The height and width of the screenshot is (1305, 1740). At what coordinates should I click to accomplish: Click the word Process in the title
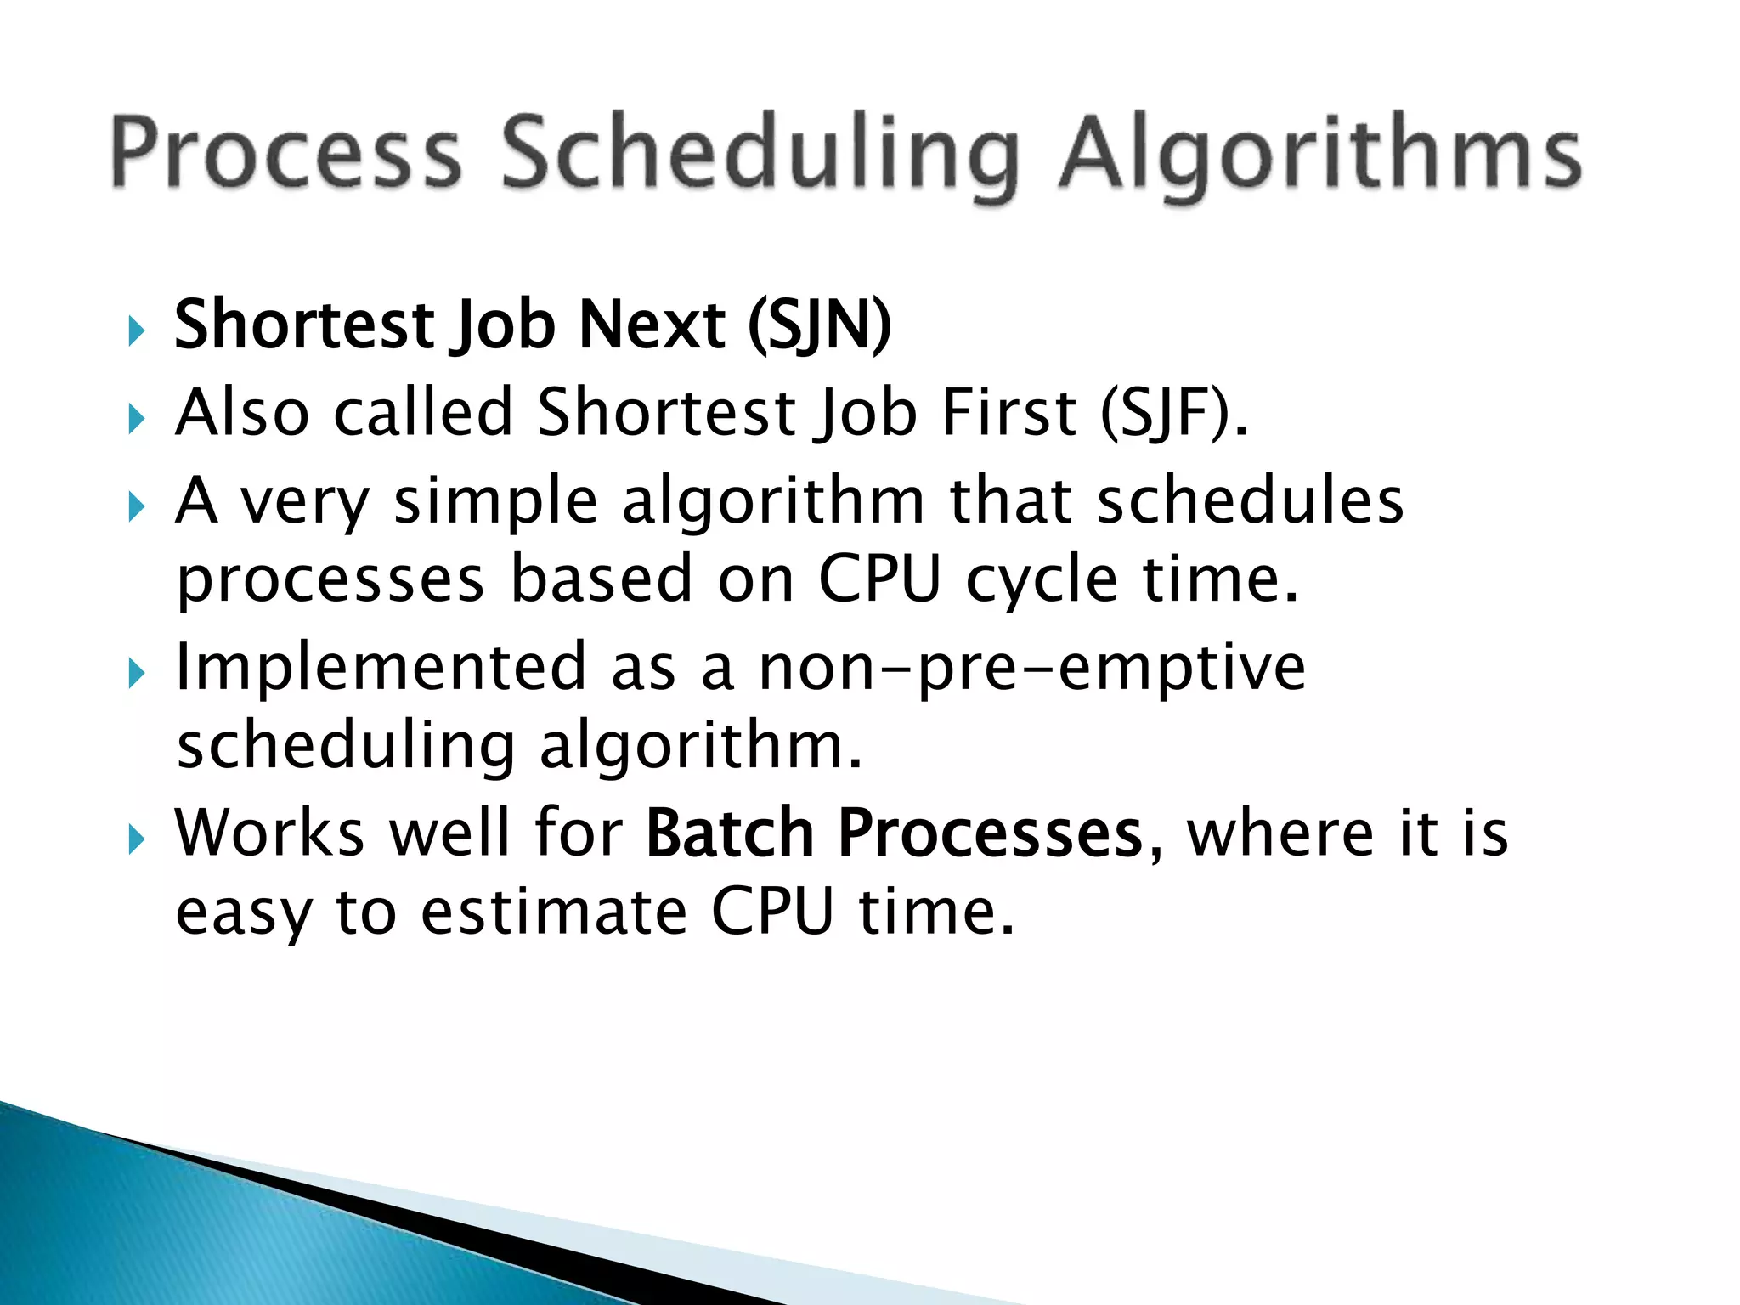285,153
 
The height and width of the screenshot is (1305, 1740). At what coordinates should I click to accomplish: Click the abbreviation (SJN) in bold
819,325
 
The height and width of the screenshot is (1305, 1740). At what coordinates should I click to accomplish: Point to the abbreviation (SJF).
1172,414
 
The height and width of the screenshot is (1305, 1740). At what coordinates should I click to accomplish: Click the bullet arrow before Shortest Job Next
136,330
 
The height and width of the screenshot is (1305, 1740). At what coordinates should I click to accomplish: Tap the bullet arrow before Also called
136,418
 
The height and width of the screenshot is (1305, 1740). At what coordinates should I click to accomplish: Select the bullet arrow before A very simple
136,507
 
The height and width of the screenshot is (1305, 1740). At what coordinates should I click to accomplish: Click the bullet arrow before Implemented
136,674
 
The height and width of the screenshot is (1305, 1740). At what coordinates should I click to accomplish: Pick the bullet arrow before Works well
136,839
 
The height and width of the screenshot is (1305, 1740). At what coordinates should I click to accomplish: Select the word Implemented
381,667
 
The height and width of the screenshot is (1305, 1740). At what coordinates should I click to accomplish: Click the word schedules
1250,501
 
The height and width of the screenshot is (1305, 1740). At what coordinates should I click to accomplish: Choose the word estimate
554,913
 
